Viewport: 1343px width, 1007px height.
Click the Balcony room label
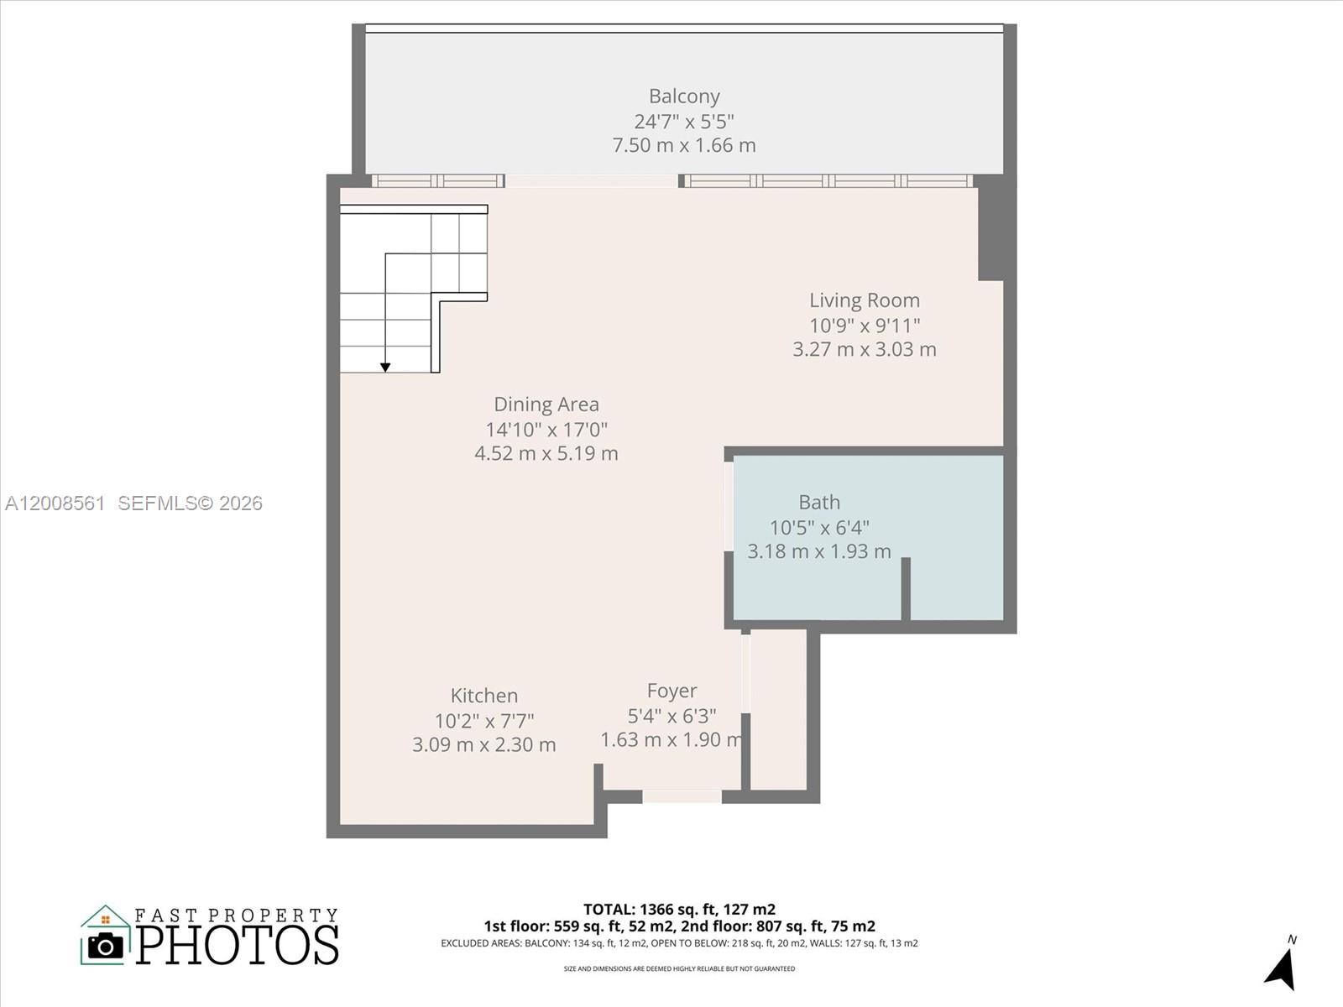683,97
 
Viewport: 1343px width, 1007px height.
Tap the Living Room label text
864,300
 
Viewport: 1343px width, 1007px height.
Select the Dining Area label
546,404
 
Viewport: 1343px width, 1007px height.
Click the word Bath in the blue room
818,503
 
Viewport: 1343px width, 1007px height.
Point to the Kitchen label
483,696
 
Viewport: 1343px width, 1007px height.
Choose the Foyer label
671,691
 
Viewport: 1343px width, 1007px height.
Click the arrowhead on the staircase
385,367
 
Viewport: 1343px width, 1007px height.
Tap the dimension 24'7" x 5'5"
683,121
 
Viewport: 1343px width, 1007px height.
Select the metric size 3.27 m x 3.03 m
864,349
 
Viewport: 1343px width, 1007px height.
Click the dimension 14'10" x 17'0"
546,430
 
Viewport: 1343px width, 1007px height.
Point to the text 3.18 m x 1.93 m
818,551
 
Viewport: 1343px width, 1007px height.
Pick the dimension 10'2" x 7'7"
483,721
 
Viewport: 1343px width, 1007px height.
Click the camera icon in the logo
106,946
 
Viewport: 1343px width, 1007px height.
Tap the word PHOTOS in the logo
238,946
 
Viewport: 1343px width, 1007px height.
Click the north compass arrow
1282,969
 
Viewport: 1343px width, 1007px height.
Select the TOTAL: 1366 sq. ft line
679,909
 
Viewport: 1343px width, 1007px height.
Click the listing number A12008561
55,503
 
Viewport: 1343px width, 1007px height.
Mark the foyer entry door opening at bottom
682,796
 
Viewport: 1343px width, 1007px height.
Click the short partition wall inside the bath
906,588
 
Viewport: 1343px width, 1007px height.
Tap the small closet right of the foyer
778,709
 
